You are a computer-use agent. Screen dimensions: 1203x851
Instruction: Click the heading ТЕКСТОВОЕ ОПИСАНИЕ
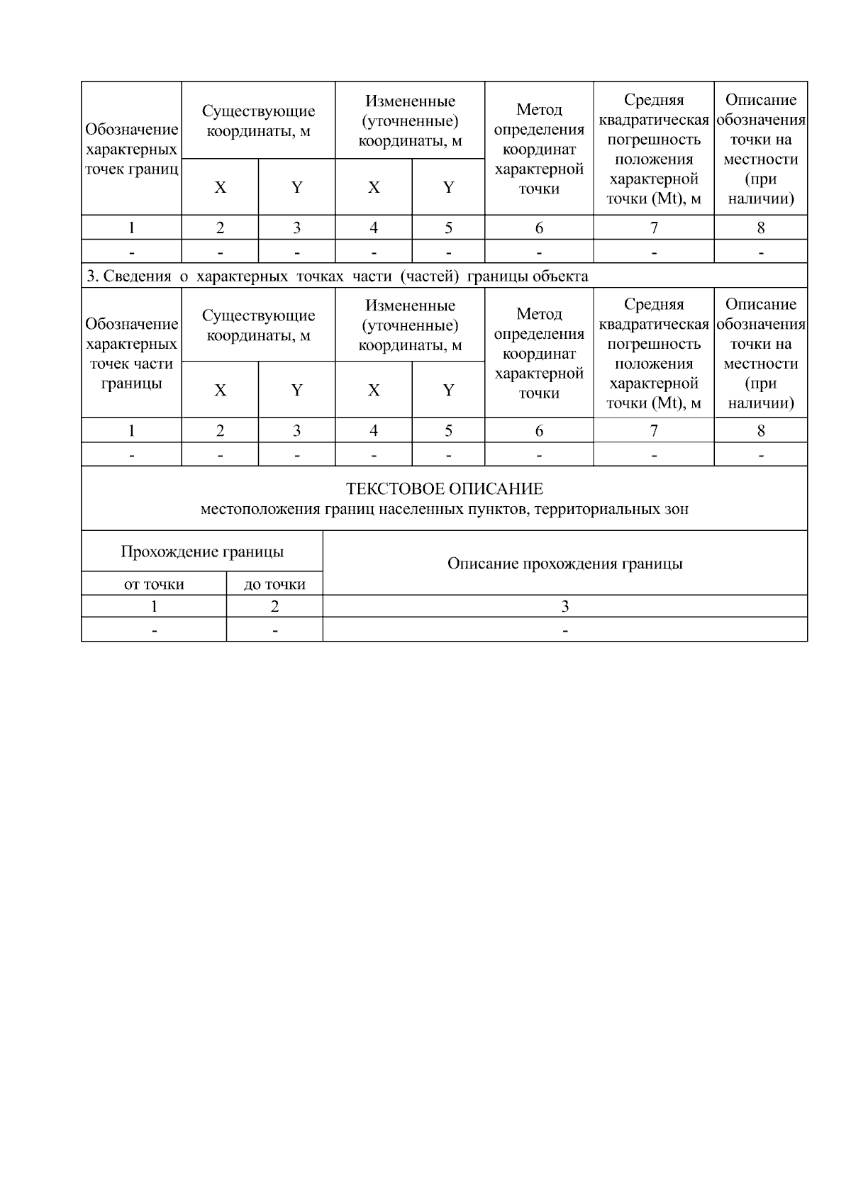[444, 488]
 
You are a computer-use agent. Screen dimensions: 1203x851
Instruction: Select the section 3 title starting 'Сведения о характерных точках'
[338, 276]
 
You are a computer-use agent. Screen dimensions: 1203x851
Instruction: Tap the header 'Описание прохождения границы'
[564, 564]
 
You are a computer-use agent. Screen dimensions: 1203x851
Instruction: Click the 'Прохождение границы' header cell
[202, 552]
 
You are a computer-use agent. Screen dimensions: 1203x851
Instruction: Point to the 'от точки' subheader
[154, 584]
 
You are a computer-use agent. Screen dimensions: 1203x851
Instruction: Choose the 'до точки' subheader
[274, 584]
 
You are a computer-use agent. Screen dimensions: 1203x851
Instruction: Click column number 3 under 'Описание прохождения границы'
[564, 606]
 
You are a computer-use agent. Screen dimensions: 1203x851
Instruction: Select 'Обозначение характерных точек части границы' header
[131, 353]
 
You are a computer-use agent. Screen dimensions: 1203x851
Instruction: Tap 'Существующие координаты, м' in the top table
[258, 121]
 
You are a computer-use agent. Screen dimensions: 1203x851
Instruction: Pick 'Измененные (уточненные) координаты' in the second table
[410, 325]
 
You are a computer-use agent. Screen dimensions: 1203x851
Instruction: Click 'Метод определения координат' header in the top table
[539, 149]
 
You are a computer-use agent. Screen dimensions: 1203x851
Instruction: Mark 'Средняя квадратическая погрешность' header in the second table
[653, 353]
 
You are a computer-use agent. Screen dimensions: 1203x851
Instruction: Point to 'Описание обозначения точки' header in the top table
[760, 149]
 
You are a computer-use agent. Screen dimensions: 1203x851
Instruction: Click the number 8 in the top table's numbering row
[760, 228]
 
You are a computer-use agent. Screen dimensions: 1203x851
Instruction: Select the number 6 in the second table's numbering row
[539, 430]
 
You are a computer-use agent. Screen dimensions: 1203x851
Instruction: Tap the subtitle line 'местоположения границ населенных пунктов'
[444, 508]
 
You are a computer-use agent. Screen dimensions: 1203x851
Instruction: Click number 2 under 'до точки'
[274, 606]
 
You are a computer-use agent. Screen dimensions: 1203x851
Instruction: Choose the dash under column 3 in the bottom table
[564, 630]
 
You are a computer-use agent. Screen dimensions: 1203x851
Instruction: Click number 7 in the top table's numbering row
[653, 228]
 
